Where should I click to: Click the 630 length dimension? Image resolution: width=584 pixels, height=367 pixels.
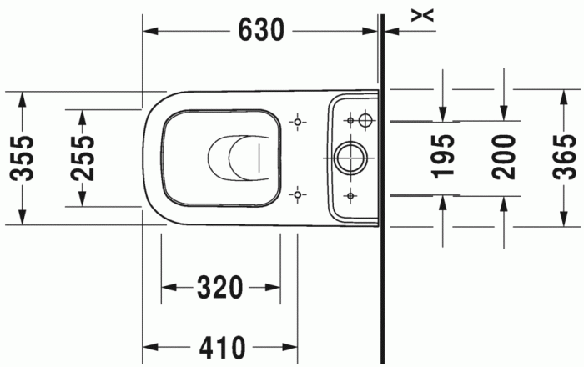[x=261, y=30]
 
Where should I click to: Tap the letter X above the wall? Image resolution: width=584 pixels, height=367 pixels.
[x=425, y=13]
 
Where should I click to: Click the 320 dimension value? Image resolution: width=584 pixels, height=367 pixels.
[x=219, y=288]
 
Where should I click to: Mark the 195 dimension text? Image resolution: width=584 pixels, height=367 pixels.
[x=444, y=157]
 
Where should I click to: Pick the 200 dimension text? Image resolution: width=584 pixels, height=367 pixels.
[x=502, y=157]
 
